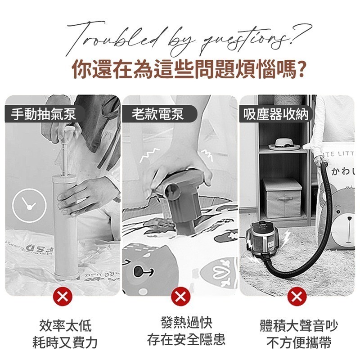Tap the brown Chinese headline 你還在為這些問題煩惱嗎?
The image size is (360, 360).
180,71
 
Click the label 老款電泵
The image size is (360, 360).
158,114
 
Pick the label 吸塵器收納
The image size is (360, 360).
276,114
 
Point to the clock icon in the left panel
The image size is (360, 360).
29,205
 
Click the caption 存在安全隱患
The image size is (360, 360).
186,339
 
